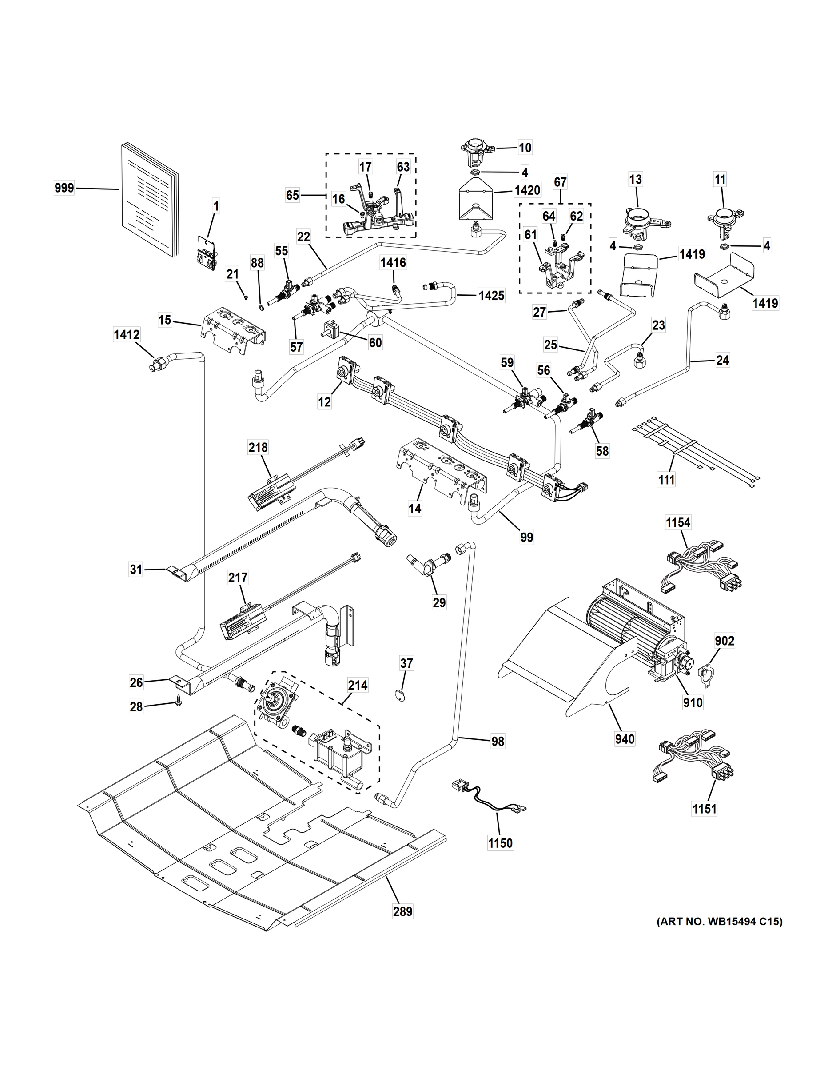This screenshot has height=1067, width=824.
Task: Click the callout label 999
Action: pyautogui.click(x=64, y=188)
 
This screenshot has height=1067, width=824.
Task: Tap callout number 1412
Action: pyautogui.click(x=127, y=335)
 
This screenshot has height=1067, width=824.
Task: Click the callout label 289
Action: pyautogui.click(x=403, y=911)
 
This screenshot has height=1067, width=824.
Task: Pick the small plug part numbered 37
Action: pyautogui.click(x=400, y=695)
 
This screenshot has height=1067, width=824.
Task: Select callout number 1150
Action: pyautogui.click(x=500, y=843)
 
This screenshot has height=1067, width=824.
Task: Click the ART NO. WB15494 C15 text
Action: pyautogui.click(x=719, y=922)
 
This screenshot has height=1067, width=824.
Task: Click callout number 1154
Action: pyautogui.click(x=678, y=523)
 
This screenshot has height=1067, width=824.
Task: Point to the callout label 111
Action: pyautogui.click(x=666, y=480)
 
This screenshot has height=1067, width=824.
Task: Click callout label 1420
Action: pyautogui.click(x=527, y=191)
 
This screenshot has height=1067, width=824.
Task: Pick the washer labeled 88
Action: pyautogui.click(x=262, y=308)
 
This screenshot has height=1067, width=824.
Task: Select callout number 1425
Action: pyautogui.click(x=491, y=296)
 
